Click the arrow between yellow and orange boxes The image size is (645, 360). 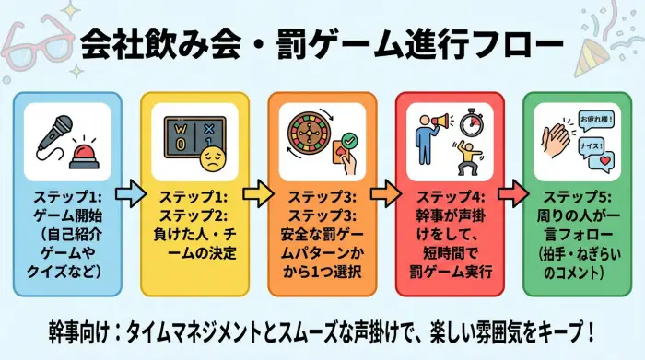point(259,194)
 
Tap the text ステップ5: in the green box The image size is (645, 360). point(573,196)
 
